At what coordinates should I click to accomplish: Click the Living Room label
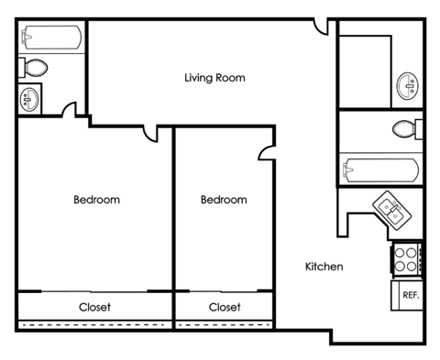[x=214, y=78]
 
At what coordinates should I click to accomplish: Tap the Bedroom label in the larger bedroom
[x=96, y=200]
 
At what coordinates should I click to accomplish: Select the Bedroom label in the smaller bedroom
[x=224, y=200]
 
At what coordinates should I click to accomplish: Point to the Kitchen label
[x=324, y=267]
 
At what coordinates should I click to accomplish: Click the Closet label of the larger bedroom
[x=94, y=308]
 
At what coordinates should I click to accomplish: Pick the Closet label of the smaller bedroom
[x=225, y=308]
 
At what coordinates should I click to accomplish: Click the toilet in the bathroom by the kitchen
[x=406, y=127]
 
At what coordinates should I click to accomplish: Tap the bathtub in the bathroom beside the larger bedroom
[x=51, y=38]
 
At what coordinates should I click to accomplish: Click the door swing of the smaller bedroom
[x=267, y=153]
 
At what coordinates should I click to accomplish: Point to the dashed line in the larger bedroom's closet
[x=94, y=325]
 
